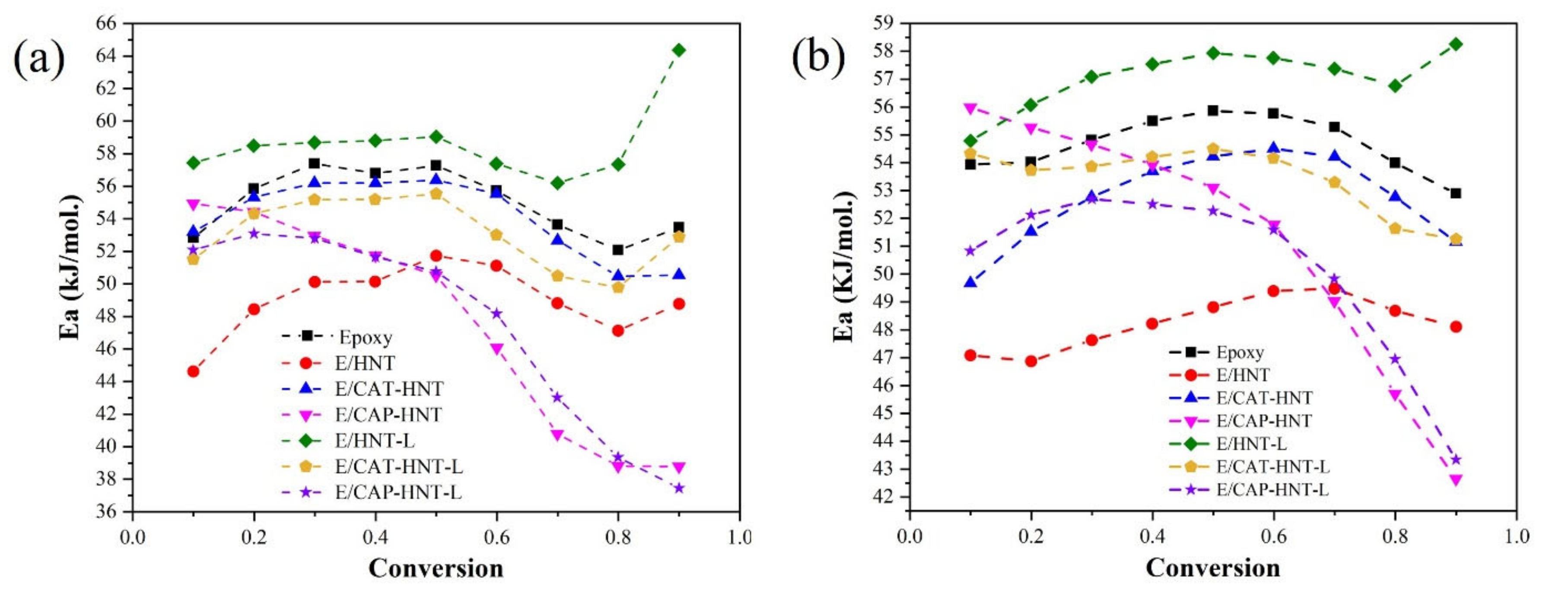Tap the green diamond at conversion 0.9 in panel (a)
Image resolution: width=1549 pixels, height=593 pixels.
679,50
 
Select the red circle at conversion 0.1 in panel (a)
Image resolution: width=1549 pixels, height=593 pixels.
193,371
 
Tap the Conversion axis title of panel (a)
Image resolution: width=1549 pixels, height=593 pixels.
436,568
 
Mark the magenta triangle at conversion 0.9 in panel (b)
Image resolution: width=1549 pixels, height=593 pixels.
1456,480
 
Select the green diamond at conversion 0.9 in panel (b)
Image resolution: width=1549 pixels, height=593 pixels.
1456,44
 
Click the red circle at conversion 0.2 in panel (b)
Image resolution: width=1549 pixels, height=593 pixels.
1031,361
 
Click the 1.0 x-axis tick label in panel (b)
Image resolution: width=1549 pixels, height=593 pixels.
1516,536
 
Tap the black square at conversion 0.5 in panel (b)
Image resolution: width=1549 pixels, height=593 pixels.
1213,110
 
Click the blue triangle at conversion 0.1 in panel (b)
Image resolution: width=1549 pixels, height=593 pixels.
970,282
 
